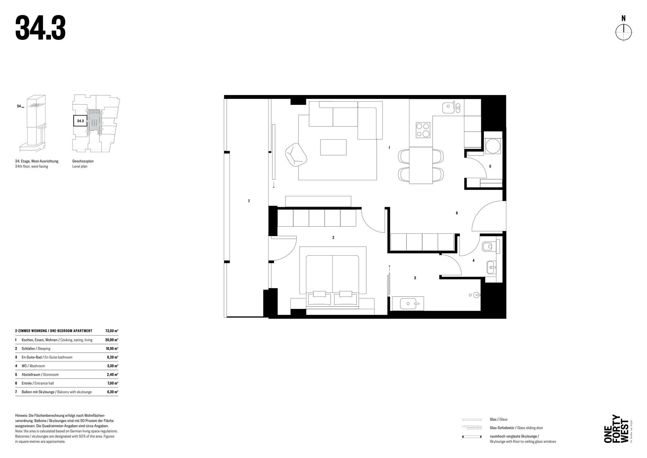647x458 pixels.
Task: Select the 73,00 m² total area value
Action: [x=112, y=331]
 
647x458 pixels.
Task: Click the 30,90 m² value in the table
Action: [x=112, y=340]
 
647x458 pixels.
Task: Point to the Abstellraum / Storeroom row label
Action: [x=40, y=375]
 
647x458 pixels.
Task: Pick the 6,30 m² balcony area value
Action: [x=113, y=392]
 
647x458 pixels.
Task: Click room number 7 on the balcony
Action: [x=249, y=201]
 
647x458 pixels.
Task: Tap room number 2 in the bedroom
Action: [x=333, y=237]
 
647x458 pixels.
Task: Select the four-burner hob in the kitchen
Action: [x=423, y=130]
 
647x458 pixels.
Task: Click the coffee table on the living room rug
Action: [x=333, y=147]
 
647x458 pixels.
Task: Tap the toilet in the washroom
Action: [x=489, y=247]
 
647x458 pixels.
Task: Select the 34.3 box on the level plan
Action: [x=80, y=121]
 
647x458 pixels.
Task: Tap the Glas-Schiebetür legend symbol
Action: [x=471, y=428]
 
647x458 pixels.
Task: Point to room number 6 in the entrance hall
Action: [x=457, y=213]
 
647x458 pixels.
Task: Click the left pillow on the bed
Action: [x=319, y=294]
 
